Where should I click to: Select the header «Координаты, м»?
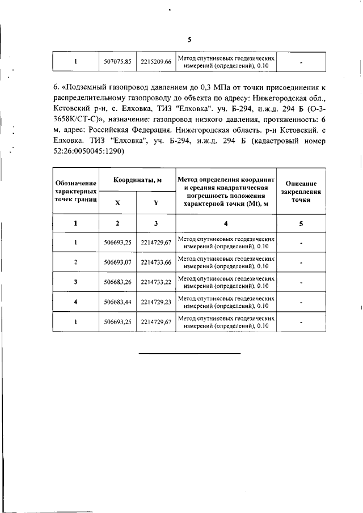click(137, 180)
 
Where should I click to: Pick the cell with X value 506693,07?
click(118, 262)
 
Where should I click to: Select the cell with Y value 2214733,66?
click(156, 262)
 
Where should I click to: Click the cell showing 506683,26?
click(118, 282)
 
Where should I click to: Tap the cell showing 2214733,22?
click(156, 282)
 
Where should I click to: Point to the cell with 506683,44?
click(118, 302)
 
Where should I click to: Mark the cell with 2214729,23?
click(156, 302)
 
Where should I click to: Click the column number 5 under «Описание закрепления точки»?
click(301, 223)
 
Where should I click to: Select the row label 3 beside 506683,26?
click(75, 282)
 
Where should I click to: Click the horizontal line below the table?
click(190, 354)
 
